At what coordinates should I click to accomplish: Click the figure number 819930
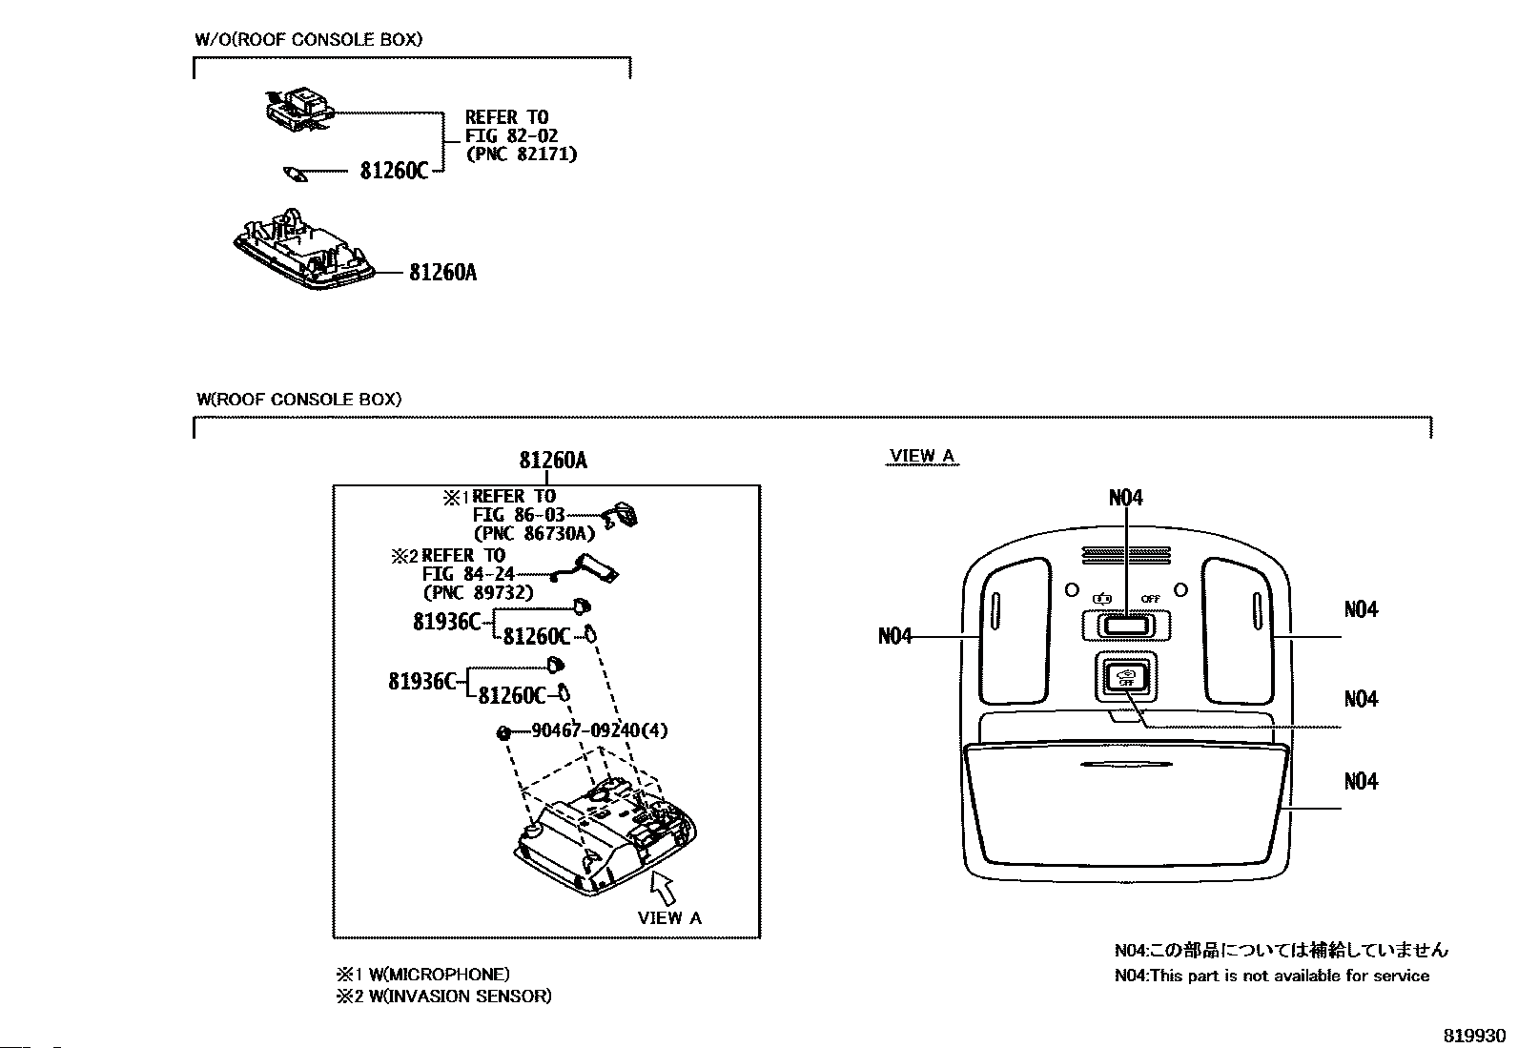1473,1036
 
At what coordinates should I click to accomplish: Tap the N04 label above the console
1125,498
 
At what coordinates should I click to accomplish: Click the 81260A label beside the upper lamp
442,273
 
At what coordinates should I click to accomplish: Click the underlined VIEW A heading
921,456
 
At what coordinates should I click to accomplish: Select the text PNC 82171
521,154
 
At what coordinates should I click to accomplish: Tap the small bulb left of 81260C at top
295,174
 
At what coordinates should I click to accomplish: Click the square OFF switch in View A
1125,677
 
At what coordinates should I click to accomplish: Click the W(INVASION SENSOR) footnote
442,997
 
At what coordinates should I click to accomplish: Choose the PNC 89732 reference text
478,592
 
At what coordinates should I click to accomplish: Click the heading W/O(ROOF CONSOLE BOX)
309,40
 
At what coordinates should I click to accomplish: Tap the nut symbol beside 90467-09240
502,732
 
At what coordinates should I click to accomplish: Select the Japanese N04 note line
1281,950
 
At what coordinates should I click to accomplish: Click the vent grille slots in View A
1125,554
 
